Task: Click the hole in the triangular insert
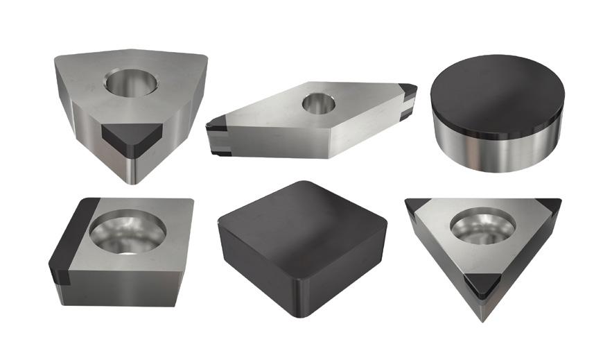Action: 484,226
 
